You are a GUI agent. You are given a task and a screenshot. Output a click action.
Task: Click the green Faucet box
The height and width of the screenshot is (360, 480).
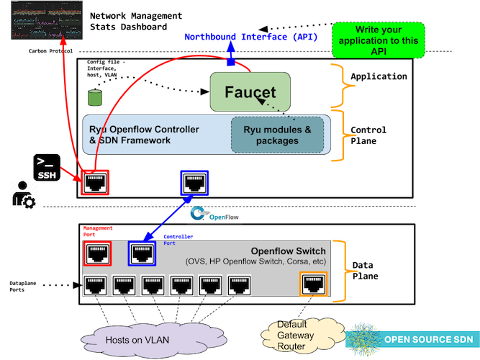(249, 91)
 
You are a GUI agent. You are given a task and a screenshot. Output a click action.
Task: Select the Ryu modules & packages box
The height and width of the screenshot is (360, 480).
(277, 135)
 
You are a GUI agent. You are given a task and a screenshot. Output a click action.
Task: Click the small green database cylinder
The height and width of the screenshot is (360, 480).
(93, 96)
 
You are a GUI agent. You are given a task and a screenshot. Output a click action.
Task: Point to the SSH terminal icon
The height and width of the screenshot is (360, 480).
(44, 166)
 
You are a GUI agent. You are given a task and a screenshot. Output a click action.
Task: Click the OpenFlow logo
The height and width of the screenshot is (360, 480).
(215, 214)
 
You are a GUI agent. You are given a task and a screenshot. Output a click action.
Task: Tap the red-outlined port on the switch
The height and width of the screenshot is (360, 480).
(97, 253)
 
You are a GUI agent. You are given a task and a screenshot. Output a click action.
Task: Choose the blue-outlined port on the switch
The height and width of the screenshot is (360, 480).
(142, 253)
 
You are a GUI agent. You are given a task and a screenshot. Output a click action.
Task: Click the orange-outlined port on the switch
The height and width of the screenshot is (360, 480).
(313, 285)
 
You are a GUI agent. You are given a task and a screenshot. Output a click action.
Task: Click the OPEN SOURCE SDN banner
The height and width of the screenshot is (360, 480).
(412, 340)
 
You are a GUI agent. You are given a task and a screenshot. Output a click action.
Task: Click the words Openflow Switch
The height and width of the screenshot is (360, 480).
(288, 251)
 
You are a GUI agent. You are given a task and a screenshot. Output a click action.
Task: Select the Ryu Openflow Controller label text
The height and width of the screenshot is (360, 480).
(144, 135)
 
